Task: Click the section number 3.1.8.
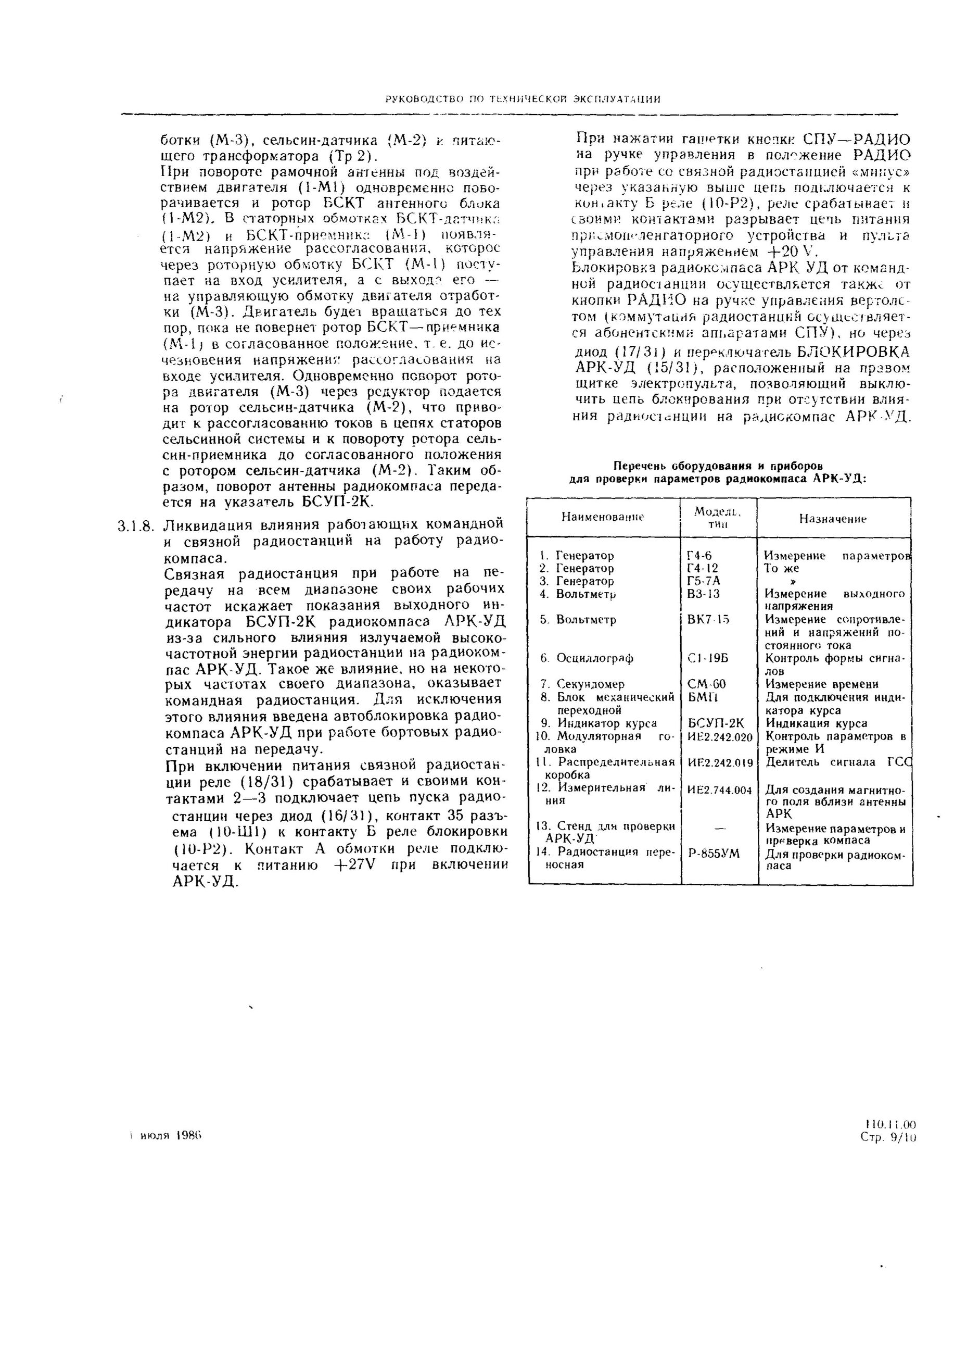click(136, 526)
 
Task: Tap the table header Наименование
click(603, 517)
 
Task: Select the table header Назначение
click(832, 519)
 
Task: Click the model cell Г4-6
click(699, 556)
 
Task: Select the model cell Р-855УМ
click(714, 854)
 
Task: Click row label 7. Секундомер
click(582, 684)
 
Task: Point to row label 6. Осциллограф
click(587, 658)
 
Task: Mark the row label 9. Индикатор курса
click(599, 723)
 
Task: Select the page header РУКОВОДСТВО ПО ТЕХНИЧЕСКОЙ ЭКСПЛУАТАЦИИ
click(523, 99)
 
